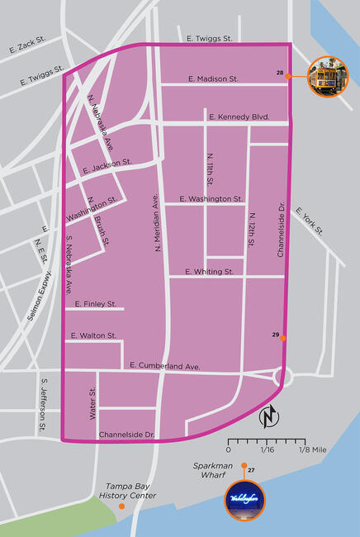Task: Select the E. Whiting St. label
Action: coord(210,271)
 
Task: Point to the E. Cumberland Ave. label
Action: coord(165,365)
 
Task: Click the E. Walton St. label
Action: coord(93,335)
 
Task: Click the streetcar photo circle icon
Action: coord(328,76)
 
